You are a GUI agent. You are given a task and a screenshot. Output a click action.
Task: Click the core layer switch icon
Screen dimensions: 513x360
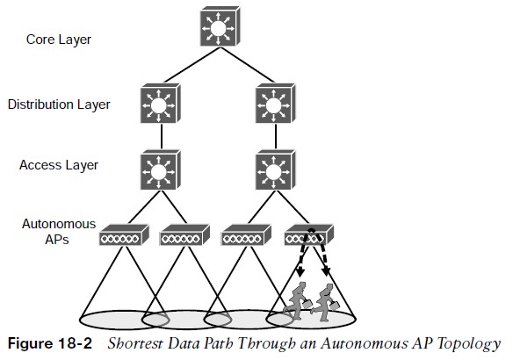click(220, 26)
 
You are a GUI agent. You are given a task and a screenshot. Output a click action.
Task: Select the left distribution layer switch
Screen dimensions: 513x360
click(161, 104)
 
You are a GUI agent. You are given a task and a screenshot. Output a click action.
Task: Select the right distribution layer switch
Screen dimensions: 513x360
click(276, 104)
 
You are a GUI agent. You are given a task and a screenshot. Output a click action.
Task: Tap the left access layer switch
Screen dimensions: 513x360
click(161, 169)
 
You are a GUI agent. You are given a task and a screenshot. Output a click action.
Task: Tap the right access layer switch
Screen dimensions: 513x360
click(276, 169)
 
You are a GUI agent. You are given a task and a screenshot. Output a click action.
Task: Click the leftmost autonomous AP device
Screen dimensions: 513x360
click(124, 234)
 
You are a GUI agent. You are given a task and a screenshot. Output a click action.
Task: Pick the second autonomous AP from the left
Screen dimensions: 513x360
click(184, 234)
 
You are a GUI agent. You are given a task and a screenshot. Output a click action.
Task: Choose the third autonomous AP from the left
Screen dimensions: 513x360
click(246, 234)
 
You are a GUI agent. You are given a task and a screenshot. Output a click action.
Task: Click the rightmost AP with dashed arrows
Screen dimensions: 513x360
click(309, 234)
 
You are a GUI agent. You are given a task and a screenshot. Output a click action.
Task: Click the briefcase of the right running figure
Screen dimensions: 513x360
click(335, 306)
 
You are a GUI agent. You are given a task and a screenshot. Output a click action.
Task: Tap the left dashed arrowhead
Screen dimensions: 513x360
click(300, 271)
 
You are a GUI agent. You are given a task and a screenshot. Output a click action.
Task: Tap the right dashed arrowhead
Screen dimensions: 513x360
click(326, 271)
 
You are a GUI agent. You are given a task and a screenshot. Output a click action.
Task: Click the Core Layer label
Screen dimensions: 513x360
click(59, 40)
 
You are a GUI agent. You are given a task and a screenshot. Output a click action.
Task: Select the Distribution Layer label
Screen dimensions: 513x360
click(59, 104)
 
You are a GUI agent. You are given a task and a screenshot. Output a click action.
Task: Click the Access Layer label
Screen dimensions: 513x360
click(59, 165)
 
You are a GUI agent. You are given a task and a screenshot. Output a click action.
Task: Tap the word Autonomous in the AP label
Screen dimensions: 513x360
click(59, 224)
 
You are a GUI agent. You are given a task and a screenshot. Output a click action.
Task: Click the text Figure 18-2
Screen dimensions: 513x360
click(50, 343)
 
